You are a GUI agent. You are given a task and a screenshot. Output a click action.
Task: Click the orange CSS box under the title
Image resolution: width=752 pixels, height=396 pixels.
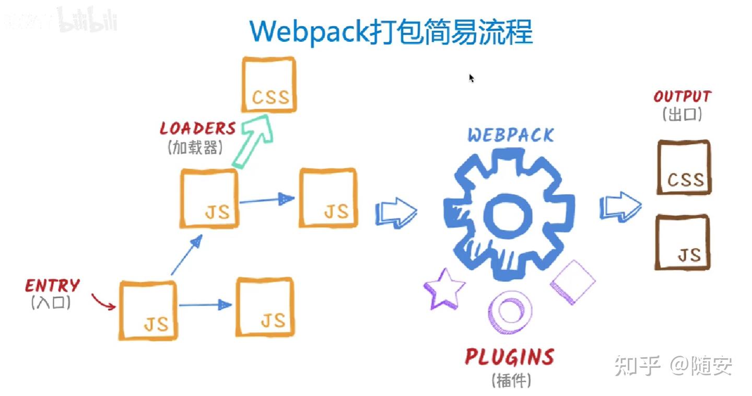[269, 84]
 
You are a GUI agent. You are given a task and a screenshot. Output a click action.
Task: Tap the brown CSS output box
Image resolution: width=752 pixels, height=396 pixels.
[684, 167]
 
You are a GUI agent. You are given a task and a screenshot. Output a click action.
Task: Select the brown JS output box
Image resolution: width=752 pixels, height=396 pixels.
[683, 242]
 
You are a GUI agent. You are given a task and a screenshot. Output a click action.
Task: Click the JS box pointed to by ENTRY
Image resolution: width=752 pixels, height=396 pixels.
[148, 311]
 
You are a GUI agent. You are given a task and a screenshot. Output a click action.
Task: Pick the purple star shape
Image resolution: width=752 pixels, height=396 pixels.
[444, 289]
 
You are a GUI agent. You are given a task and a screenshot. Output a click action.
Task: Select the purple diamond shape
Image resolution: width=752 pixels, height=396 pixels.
[573, 282]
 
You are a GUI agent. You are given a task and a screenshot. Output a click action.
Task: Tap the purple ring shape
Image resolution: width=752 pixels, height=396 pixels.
[510, 312]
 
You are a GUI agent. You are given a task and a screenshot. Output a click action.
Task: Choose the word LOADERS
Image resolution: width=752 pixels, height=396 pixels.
[198, 129]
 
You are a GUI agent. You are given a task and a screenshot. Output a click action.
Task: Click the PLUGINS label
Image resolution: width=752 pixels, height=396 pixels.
[510, 357]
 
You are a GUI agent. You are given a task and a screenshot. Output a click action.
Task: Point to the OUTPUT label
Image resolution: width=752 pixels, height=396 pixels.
[682, 97]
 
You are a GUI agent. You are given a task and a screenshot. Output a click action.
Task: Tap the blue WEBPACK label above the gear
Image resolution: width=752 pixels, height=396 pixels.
[510, 135]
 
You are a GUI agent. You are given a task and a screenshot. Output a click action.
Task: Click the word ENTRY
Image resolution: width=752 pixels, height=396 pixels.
[53, 285]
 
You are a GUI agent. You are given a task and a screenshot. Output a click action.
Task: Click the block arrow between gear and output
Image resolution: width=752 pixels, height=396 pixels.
[620, 207]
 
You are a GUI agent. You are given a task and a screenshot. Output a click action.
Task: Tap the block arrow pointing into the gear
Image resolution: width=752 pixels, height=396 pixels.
[396, 212]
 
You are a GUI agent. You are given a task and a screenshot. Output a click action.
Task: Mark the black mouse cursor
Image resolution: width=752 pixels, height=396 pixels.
[472, 78]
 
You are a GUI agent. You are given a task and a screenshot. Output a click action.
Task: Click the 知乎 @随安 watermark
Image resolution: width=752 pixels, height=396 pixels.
[673, 366]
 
